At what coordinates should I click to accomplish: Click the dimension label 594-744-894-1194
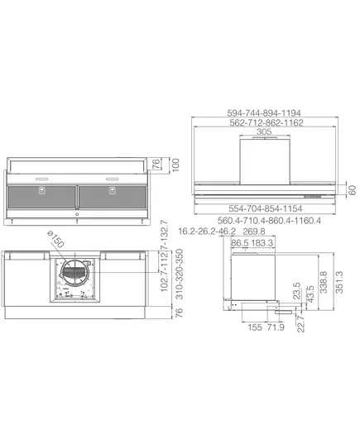264,113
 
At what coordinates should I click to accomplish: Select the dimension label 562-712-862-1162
266,122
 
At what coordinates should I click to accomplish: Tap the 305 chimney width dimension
264,131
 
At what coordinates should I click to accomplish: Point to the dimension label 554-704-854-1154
266,208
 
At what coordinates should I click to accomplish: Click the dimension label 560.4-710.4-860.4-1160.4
269,220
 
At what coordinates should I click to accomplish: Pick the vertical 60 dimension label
352,190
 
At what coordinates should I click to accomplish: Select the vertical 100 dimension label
175,165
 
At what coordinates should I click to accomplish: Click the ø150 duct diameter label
55,239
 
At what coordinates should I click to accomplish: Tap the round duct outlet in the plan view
74,272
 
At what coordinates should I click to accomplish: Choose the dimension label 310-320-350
180,274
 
